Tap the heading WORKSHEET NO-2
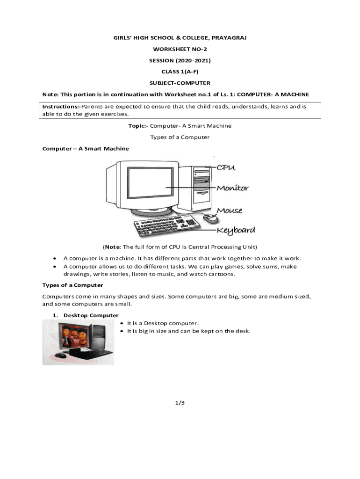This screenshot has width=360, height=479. pyautogui.click(x=180, y=49)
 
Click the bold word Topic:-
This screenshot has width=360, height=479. pyautogui.click(x=138, y=126)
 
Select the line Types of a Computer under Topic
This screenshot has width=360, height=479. pyautogui.click(x=180, y=137)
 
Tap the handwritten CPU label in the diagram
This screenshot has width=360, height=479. pyautogui.click(x=225, y=167)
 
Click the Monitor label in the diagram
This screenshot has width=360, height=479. pyautogui.click(x=232, y=188)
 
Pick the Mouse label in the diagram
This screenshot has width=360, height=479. pyautogui.click(x=229, y=210)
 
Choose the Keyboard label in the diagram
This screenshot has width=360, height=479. pyautogui.click(x=236, y=230)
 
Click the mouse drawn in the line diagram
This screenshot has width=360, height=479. pyautogui.click(x=210, y=218)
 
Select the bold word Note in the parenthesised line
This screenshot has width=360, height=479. pyautogui.click(x=112, y=247)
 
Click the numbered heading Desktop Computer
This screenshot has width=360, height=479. pyautogui.click(x=91, y=315)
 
